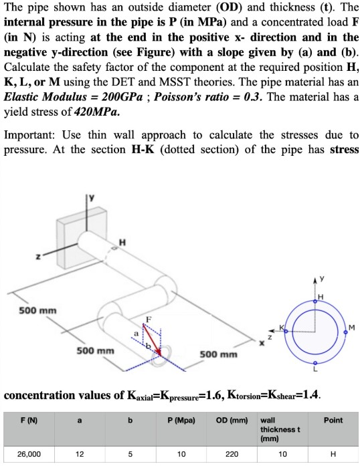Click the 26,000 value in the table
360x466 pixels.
point(29,454)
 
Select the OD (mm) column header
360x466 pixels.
point(230,421)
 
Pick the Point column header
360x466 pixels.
point(333,421)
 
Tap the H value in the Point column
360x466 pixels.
point(333,454)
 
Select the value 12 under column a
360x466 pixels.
point(80,454)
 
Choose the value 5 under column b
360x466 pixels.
point(130,454)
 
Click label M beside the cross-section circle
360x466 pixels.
point(352,328)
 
